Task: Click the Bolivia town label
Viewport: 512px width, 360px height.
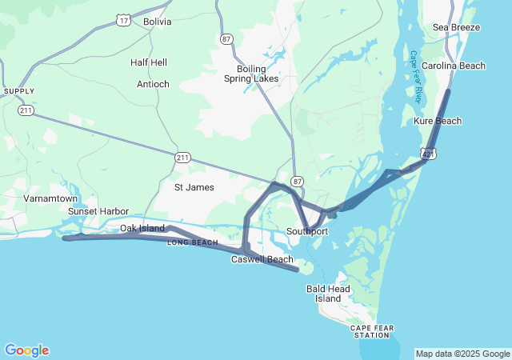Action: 157,22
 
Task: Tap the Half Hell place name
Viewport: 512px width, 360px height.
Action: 149,62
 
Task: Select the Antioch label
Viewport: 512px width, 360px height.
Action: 153,84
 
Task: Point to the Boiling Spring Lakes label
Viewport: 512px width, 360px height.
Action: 251,74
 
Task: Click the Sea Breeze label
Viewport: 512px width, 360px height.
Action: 456,27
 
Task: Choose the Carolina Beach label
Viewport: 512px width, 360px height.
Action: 454,66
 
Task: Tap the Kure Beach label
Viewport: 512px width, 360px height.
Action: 438,121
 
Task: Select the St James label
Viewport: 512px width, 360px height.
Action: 195,187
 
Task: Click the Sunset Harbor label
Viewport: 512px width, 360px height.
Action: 98,211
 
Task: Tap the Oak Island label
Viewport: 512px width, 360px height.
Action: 142,228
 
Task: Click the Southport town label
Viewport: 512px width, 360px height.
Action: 307,232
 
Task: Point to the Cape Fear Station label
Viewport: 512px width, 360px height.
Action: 370,331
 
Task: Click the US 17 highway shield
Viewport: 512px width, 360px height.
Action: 123,20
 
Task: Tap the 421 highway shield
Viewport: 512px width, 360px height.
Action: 429,153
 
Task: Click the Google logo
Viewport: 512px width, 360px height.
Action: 26,350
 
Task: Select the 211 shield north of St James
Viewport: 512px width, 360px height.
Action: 183,158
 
